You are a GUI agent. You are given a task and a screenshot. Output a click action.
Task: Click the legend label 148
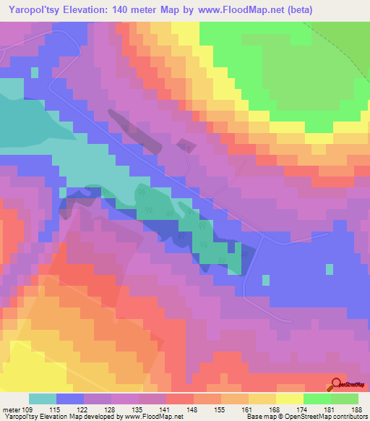(192, 409)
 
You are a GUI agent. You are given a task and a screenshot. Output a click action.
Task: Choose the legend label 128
(109, 409)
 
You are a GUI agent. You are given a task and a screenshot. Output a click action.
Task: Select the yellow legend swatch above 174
(289, 399)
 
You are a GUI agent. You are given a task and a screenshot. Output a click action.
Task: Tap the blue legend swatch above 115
(69, 399)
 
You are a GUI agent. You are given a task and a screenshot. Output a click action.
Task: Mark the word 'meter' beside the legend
(11, 409)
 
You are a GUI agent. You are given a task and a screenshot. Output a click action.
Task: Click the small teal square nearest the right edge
(330, 269)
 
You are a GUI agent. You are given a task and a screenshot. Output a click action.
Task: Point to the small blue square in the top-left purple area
(33, 72)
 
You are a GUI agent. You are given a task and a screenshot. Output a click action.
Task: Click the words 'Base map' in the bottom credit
(257, 417)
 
